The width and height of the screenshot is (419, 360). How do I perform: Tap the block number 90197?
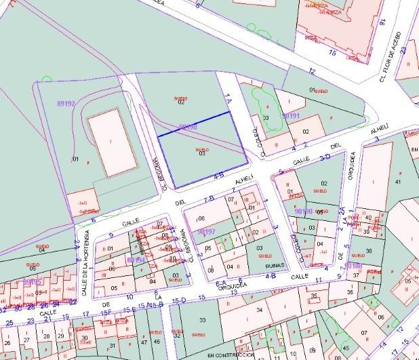[x=206, y=231]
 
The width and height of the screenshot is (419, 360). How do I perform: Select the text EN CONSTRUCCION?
[x=230, y=355]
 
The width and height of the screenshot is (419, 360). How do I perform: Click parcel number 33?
[x=202, y=319]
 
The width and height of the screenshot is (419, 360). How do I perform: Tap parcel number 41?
[x=398, y=182]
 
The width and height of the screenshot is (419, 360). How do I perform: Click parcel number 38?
[x=368, y=251]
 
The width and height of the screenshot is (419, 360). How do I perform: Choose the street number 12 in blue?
[x=312, y=71]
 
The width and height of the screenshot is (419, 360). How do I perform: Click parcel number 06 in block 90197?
[x=201, y=218]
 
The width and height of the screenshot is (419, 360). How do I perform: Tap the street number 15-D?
[x=179, y=300]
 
